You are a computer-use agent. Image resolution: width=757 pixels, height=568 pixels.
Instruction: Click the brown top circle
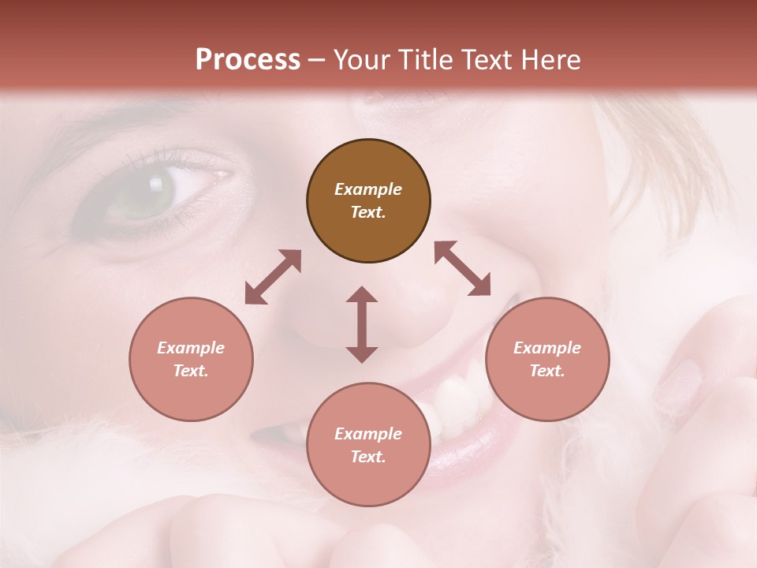(x=368, y=200)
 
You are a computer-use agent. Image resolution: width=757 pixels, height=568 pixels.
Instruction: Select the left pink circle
(x=191, y=359)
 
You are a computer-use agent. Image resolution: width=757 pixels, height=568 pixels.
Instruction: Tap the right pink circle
(x=547, y=359)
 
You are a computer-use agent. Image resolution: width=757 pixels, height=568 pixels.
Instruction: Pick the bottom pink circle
(x=368, y=445)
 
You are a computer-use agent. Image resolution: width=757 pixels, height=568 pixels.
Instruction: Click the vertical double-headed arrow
(x=362, y=324)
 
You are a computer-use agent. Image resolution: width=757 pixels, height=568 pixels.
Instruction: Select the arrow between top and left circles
(x=273, y=277)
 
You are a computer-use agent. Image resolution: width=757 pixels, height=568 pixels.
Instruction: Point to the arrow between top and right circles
(x=463, y=269)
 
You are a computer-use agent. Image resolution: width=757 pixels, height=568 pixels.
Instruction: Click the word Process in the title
(x=248, y=60)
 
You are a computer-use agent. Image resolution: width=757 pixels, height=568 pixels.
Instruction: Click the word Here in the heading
(x=551, y=60)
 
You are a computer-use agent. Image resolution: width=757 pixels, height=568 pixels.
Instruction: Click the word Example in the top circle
(x=368, y=189)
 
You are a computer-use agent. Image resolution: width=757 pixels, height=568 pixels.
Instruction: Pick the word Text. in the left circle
(x=191, y=371)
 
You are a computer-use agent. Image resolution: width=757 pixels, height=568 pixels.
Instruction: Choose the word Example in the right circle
(x=547, y=348)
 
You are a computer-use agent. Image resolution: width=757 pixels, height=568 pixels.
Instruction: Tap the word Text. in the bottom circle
(x=368, y=457)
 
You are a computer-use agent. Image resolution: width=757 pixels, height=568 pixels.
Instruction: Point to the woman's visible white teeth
(x=457, y=398)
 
